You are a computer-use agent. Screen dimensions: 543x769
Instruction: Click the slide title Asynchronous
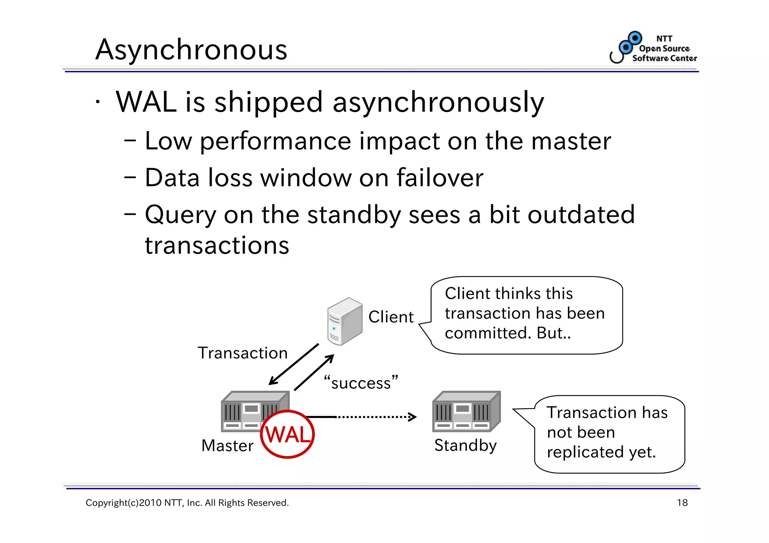191,50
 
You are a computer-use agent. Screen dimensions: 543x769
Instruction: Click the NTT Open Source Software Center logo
654,48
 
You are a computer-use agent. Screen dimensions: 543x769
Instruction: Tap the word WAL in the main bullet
146,102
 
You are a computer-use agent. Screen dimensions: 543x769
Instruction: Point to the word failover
440,178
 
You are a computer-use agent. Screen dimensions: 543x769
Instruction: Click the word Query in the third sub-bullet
180,215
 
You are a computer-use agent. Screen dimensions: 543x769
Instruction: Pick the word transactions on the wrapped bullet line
217,246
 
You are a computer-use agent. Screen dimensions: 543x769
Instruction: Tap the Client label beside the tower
391,317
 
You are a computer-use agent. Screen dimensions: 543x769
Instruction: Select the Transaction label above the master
243,353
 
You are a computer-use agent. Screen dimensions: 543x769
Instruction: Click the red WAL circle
287,434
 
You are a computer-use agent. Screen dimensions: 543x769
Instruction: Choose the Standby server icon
466,411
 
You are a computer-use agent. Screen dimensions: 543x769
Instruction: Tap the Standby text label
465,445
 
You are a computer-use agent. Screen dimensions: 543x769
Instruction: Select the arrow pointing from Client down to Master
294,364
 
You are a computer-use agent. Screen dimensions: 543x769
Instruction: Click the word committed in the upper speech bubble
488,333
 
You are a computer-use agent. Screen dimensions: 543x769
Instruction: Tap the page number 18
682,503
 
